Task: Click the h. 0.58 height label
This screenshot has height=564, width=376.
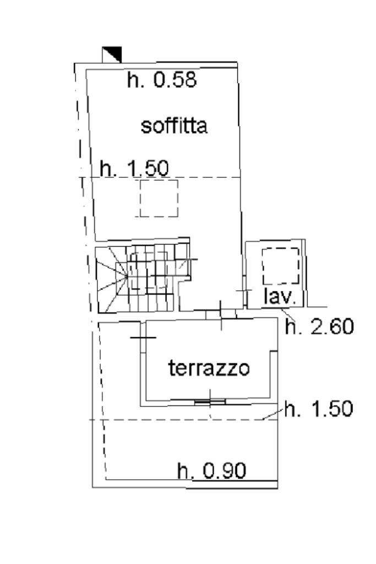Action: point(161,80)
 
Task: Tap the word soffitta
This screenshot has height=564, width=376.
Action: point(174,126)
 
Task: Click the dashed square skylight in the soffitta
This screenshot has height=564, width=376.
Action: point(159,198)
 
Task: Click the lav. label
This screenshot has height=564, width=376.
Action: point(280,297)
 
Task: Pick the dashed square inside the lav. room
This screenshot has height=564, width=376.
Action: point(281,267)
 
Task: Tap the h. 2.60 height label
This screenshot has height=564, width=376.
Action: point(319,327)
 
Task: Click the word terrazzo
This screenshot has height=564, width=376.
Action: point(209,367)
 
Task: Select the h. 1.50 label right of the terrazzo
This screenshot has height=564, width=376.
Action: point(318,409)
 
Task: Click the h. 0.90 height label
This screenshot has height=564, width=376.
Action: point(211,471)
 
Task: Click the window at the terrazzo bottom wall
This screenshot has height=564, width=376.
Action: point(210,402)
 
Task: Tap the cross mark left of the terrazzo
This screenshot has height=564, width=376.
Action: point(143,337)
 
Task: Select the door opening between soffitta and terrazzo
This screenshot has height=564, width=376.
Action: point(221,314)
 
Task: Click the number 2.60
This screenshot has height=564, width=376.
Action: point(330,327)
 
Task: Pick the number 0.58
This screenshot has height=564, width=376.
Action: point(175,80)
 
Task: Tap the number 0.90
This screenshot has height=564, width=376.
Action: point(224,471)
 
